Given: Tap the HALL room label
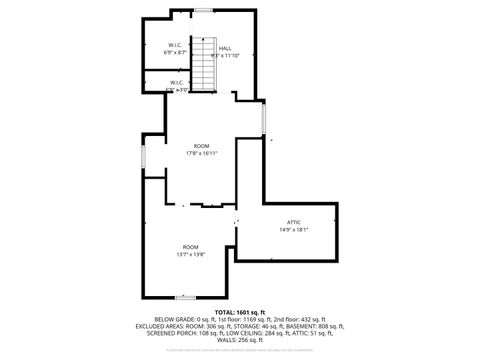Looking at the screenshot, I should [x=225, y=48].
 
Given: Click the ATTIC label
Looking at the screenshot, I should [x=293, y=222].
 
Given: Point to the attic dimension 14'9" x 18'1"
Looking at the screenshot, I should [x=293, y=230].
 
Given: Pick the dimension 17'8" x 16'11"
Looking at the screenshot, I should [x=201, y=154].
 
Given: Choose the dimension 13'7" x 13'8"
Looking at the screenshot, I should [x=190, y=254].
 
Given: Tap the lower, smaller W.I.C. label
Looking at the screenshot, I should [x=175, y=82].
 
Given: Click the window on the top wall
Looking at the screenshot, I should [x=203, y=10].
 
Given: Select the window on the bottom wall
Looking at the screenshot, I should [x=185, y=297].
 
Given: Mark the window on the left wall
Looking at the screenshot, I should [x=143, y=158].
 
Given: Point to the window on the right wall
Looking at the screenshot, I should [x=263, y=120].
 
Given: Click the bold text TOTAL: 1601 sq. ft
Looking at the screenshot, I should [x=239, y=313].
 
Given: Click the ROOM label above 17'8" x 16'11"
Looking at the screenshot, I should [x=201, y=146].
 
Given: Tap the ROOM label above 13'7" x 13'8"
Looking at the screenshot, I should [x=190, y=246].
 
